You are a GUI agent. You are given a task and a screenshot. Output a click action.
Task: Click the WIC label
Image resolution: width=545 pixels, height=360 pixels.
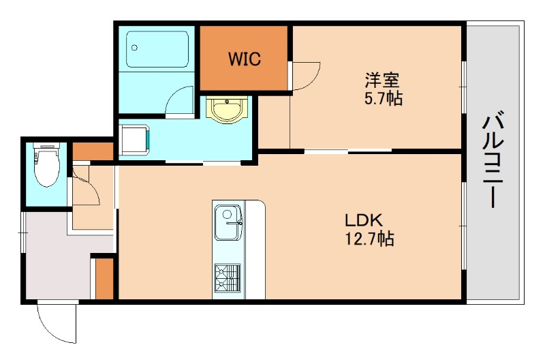pyautogui.click(x=245, y=59)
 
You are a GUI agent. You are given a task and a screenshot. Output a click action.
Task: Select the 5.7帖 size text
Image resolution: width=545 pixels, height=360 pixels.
pyautogui.click(x=382, y=100)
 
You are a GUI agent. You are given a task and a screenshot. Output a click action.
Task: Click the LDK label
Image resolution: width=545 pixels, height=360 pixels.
pyautogui.click(x=364, y=220)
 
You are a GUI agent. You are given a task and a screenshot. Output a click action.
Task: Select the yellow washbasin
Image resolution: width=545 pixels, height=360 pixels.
pyautogui.click(x=225, y=109)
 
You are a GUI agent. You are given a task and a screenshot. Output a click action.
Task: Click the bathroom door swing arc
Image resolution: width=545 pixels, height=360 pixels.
pyautogui.click(x=180, y=102)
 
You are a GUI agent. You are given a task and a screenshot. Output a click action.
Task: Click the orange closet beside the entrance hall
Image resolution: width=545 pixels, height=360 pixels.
pyautogui.click(x=104, y=277)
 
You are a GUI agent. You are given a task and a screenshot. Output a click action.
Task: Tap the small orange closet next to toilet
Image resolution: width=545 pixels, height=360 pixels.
pyautogui.click(x=92, y=150)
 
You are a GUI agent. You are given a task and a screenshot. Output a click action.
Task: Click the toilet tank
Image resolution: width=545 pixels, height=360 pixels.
pyautogui.click(x=46, y=147)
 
